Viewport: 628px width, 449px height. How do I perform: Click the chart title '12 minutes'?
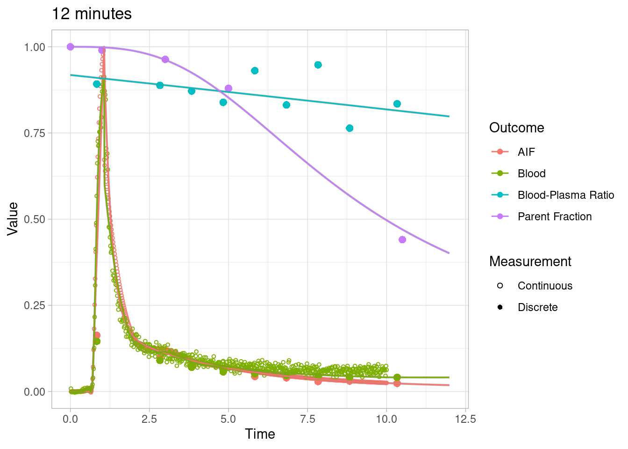point(92,14)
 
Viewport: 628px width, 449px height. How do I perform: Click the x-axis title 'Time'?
point(260,434)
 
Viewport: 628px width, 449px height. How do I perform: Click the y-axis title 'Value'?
point(13,219)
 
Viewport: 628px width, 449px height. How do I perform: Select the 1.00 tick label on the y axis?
point(35,47)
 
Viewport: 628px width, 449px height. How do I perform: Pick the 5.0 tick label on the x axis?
point(228,419)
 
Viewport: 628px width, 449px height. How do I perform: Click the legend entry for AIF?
point(526,152)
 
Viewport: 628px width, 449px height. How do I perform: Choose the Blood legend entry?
point(531,174)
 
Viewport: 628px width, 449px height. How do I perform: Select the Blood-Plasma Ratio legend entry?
point(565,195)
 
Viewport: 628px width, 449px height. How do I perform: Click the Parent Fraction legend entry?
point(554,217)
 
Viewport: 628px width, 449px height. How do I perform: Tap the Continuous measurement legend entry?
point(545,286)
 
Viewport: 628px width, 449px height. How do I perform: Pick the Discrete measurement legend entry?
point(537,307)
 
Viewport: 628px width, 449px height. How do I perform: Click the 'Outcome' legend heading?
point(516,128)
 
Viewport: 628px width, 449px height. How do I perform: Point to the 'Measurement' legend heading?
point(530,261)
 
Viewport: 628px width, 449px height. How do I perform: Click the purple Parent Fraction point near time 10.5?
point(402,239)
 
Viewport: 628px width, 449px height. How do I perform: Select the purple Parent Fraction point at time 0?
point(71,47)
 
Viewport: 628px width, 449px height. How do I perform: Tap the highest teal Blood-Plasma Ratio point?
point(318,65)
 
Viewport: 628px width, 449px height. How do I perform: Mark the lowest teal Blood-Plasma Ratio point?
point(350,128)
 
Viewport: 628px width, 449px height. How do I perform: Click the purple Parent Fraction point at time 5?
point(228,88)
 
